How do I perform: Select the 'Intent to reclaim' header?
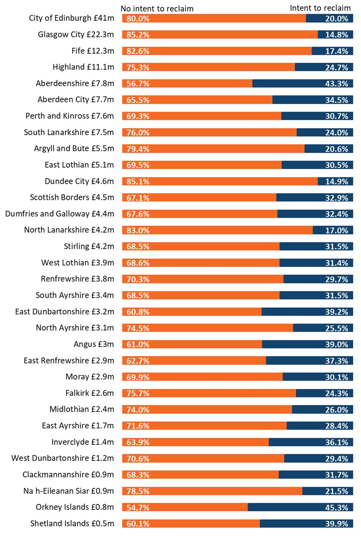coord(320,8)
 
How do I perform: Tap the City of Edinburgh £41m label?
coord(71,18)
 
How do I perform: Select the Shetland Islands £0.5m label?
coord(72,523)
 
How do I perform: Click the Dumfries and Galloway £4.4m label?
coord(59,214)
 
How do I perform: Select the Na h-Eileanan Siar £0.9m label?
coord(68,491)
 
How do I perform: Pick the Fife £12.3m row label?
coord(93,51)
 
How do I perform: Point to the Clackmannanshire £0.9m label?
coord(68,475)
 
